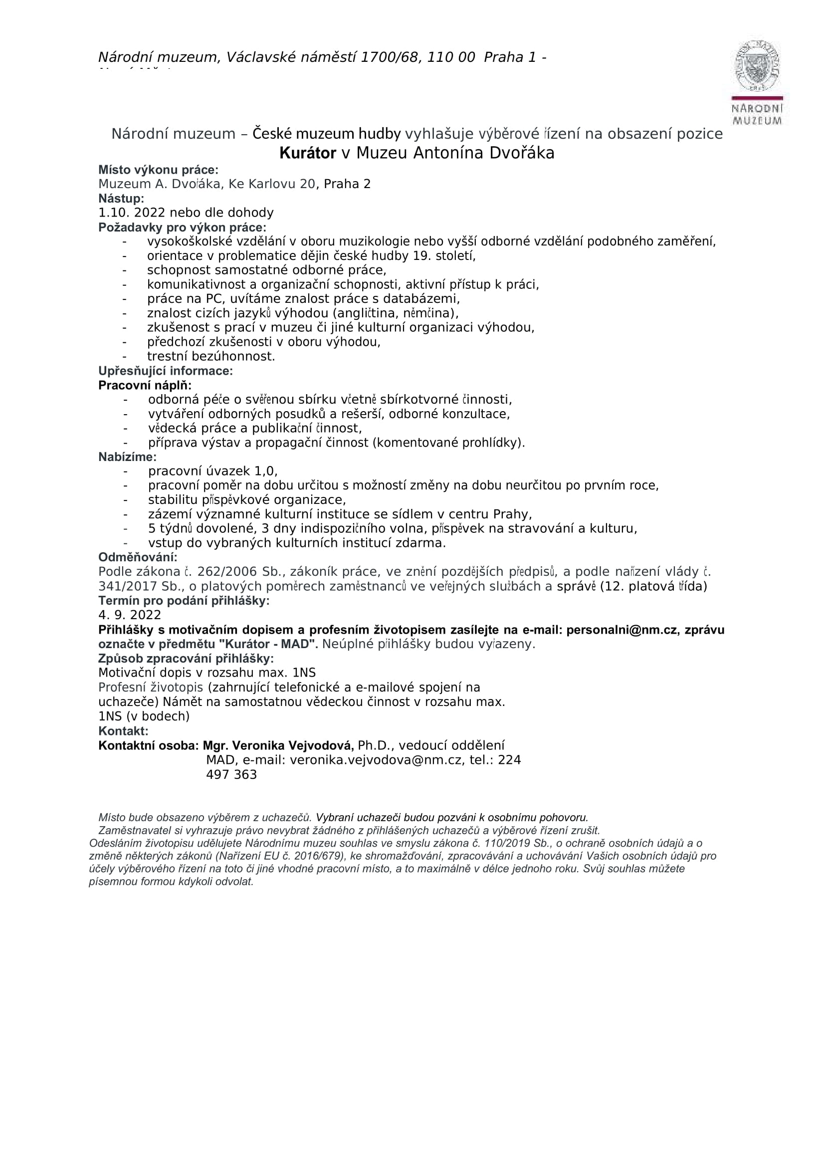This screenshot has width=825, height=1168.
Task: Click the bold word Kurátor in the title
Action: [x=308, y=153]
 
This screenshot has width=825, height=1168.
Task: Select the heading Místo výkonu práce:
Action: [x=158, y=170]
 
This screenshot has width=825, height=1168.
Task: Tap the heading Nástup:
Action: [x=121, y=198]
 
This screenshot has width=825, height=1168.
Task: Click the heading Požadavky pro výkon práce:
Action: [x=182, y=227]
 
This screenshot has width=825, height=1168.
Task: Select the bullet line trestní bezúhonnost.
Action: [x=210, y=357]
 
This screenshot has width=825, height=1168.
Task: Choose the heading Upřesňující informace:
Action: [x=165, y=371]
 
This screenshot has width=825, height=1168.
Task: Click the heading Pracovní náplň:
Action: [x=145, y=385]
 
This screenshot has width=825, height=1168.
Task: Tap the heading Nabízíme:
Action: [x=128, y=457]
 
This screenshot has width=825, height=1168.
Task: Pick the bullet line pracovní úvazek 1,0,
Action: [x=212, y=471]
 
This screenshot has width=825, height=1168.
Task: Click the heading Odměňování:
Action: [x=138, y=557]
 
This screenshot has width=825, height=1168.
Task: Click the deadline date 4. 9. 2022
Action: [x=130, y=615]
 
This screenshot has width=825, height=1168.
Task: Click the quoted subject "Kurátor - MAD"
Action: [x=268, y=644]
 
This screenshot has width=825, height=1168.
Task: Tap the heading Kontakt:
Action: [x=123, y=731]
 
